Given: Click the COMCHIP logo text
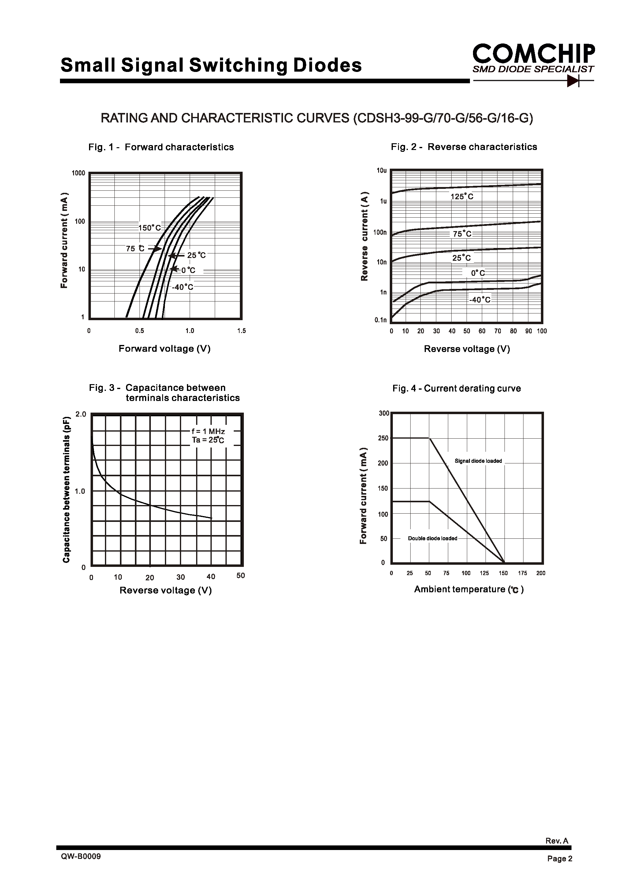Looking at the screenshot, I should click(x=534, y=54).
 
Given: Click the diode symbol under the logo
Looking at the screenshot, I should click(x=573, y=81).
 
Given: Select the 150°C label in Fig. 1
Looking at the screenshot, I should click(x=150, y=228).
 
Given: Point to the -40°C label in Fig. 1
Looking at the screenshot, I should click(x=182, y=287).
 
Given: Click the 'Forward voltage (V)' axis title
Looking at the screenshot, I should click(x=165, y=349).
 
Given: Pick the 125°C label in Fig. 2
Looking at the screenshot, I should click(x=462, y=197).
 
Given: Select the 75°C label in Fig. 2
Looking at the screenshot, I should click(x=462, y=234).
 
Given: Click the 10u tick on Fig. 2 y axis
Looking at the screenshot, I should click(x=382, y=171).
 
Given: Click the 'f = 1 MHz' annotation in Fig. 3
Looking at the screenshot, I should click(x=208, y=431).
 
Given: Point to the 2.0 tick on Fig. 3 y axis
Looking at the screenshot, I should click(x=81, y=414).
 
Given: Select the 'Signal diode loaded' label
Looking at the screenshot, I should click(x=478, y=461).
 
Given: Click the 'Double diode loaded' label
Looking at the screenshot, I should click(x=433, y=538).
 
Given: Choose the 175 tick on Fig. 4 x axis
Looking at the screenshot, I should click(x=522, y=573).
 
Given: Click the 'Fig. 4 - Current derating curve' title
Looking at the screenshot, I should click(x=456, y=388).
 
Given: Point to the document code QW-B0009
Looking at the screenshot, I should click(x=81, y=856).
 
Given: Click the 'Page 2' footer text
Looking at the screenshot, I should click(x=560, y=858).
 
